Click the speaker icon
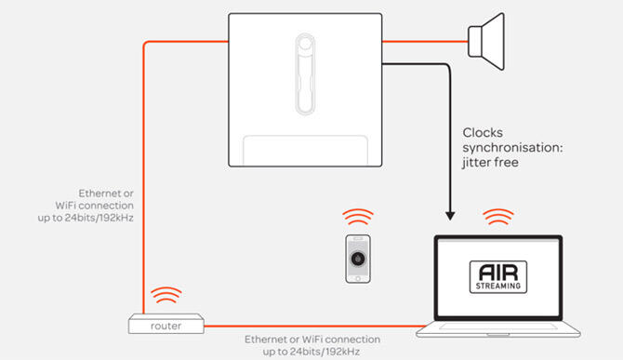tap(486, 41)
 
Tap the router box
tap(166, 324)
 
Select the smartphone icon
tap(358, 259)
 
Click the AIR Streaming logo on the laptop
tap(498, 277)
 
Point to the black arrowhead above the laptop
tap(450, 216)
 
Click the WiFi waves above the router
tap(166, 295)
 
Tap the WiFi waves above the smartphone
tap(358, 217)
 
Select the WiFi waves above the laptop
tap(498, 217)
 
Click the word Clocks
tap(483, 133)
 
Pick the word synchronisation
tap(512, 148)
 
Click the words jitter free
tap(490, 163)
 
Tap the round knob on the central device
tap(305, 43)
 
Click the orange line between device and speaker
tap(425, 41)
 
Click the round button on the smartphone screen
tap(358, 259)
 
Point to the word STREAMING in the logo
tap(498, 286)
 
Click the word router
tap(166, 327)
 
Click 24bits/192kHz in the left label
tap(99, 218)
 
